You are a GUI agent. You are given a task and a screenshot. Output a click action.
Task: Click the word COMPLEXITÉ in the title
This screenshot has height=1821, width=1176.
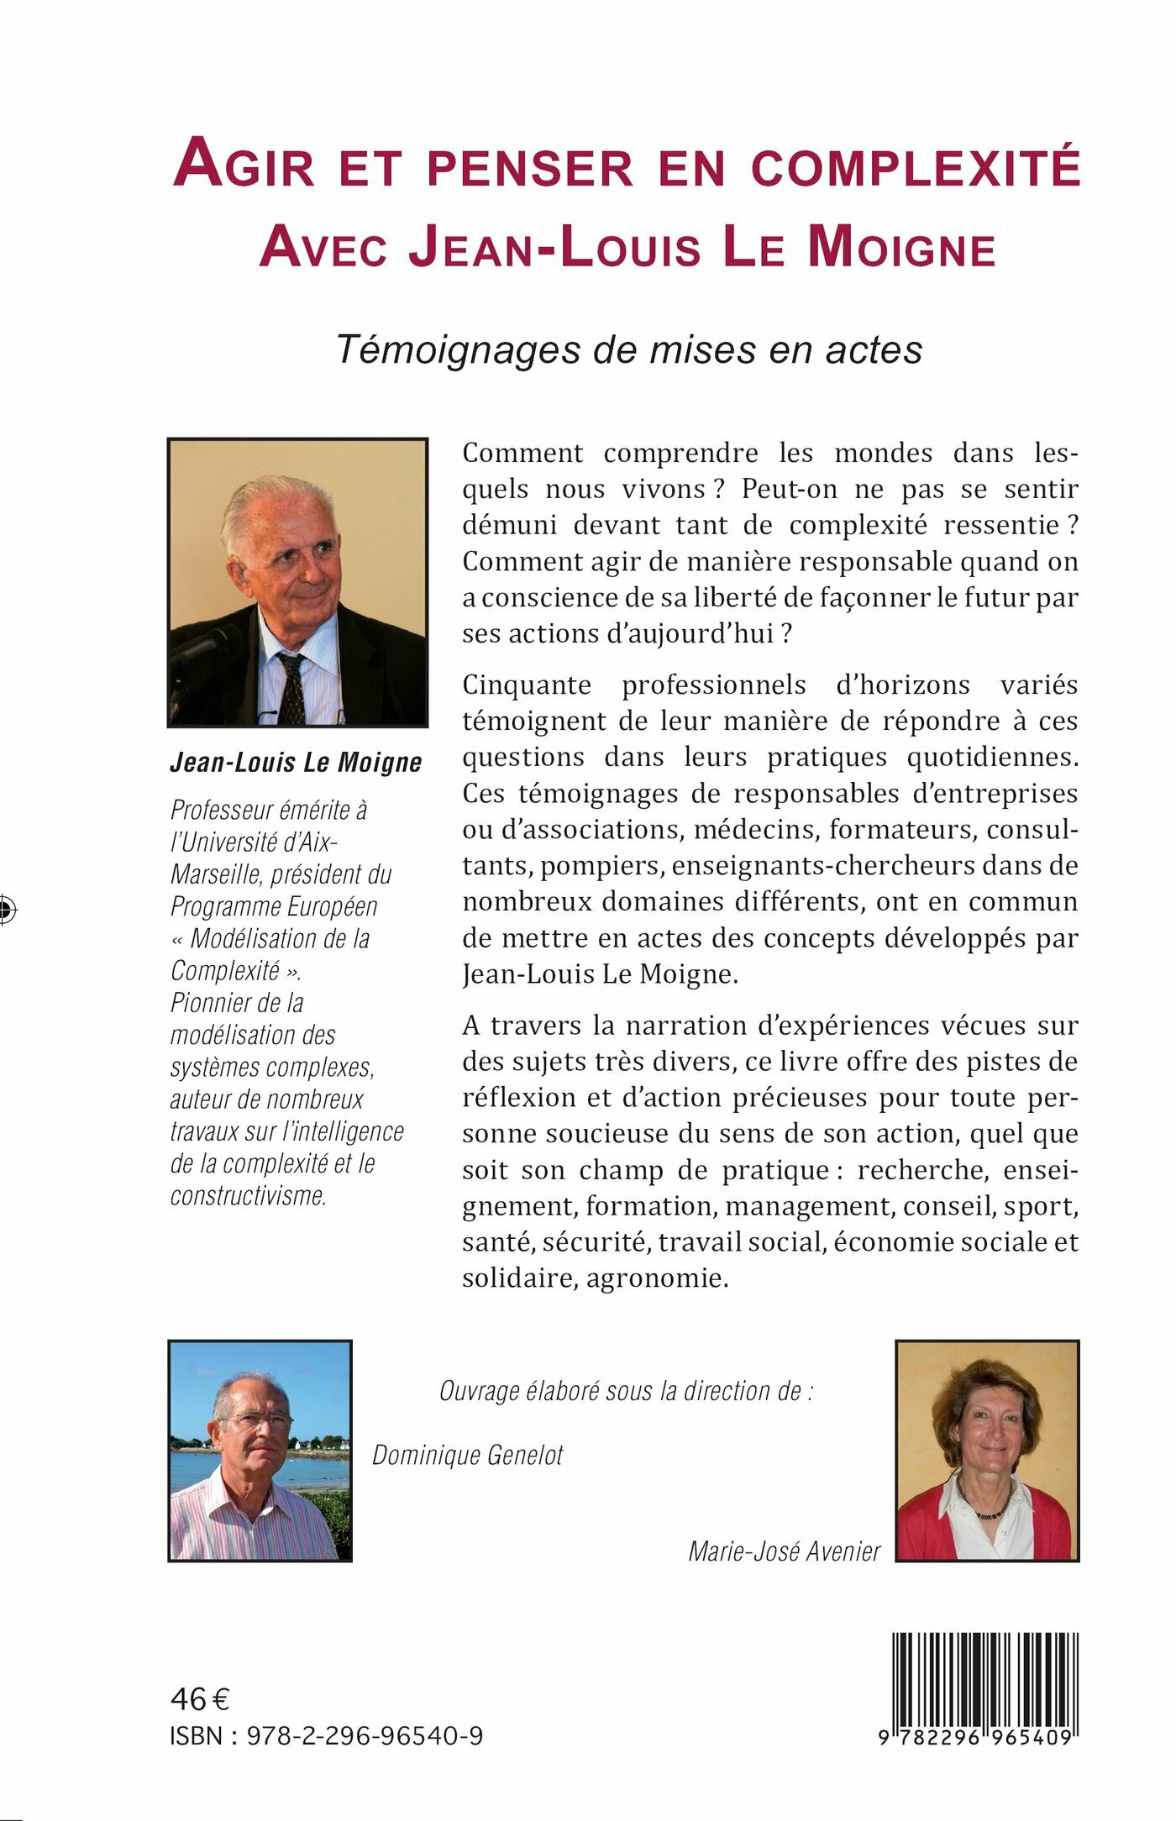click(915, 167)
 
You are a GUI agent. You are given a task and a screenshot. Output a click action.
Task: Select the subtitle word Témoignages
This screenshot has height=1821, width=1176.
click(458, 349)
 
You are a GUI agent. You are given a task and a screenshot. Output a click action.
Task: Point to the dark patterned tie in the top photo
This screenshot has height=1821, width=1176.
click(291, 688)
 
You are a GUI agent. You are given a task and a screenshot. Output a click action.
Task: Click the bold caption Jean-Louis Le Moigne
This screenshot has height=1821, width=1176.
click(296, 762)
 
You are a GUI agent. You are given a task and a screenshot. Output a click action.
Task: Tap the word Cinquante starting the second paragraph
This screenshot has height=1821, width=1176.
click(527, 685)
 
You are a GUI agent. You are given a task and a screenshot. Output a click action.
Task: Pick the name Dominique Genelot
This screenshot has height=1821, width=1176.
click(468, 1455)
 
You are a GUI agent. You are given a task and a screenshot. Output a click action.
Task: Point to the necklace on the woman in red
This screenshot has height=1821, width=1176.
click(988, 1514)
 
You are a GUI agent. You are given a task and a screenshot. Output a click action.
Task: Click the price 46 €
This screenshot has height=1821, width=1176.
click(200, 1699)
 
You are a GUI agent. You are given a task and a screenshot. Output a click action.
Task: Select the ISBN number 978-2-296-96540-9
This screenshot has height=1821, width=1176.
click(365, 1735)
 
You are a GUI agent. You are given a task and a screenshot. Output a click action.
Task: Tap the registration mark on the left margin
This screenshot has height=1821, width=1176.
click(7, 909)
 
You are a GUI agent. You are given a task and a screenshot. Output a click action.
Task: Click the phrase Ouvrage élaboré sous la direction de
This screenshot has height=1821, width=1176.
click(626, 1391)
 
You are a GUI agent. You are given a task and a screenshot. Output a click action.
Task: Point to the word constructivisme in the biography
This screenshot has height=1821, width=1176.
click(249, 1195)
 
